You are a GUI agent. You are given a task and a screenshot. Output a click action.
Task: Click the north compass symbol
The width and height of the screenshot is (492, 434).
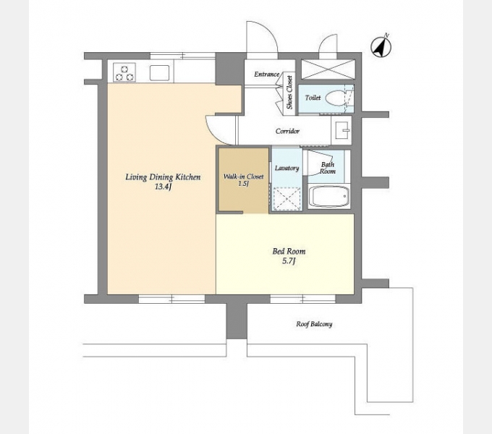pos(381,47)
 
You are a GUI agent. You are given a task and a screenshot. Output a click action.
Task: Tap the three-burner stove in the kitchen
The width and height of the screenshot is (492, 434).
pos(124,73)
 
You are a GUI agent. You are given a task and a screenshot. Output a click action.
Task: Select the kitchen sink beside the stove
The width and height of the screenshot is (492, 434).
pos(159,73)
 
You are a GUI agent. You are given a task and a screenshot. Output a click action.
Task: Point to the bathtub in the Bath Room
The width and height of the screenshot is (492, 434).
pos(328,196)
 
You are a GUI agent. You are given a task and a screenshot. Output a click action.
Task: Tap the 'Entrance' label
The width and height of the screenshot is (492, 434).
pos(266,75)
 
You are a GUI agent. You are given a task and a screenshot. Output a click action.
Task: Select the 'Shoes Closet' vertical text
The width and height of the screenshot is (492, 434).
pos(289,93)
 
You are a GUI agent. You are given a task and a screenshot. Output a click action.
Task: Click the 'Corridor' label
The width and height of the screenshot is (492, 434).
pos(287,131)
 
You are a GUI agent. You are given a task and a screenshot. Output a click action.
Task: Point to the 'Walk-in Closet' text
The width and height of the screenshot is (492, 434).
pos(243,176)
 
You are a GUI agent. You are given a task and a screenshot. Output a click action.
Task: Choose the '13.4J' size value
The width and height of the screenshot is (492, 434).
pos(163,187)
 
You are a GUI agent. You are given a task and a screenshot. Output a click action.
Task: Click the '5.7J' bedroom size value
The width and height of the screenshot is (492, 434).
pos(289,261)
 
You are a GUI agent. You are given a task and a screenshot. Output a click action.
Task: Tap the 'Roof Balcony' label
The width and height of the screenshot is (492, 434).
pos(314,324)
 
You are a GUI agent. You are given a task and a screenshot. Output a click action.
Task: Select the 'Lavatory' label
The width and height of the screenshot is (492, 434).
pos(287,168)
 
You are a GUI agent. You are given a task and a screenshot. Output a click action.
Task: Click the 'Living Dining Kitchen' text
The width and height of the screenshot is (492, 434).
pos(163,177)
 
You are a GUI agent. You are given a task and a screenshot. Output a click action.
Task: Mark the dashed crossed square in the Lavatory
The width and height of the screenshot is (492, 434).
pos(287,198)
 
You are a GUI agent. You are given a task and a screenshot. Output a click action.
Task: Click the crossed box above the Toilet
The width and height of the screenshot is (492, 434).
pos(328,69)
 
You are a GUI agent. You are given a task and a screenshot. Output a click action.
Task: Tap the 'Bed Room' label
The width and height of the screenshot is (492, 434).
pos(289,251)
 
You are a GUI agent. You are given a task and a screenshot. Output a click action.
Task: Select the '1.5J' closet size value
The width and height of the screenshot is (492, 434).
pos(244,184)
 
